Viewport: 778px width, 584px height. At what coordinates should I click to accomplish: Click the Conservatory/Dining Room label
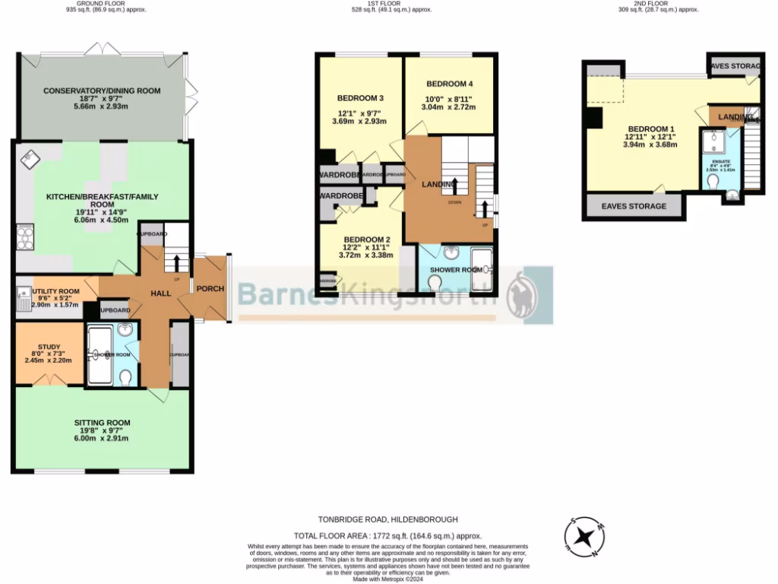coord(102,91)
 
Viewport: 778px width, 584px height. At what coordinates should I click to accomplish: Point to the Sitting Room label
coord(102,423)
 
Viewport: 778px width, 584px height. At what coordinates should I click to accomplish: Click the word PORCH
coord(210,289)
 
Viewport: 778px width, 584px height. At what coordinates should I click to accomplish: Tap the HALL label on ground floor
coord(160,294)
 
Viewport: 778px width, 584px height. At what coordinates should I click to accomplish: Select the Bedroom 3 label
coord(359,98)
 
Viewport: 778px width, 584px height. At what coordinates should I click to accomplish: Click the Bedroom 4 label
coord(450,84)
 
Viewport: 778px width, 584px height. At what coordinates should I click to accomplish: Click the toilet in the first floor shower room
coord(436,284)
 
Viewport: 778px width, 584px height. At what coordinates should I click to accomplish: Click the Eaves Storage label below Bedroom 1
coord(634,206)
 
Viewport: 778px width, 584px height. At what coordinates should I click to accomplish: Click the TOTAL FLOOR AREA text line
coord(389,536)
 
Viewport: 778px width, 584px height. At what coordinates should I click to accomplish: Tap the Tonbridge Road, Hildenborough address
coord(389,519)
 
